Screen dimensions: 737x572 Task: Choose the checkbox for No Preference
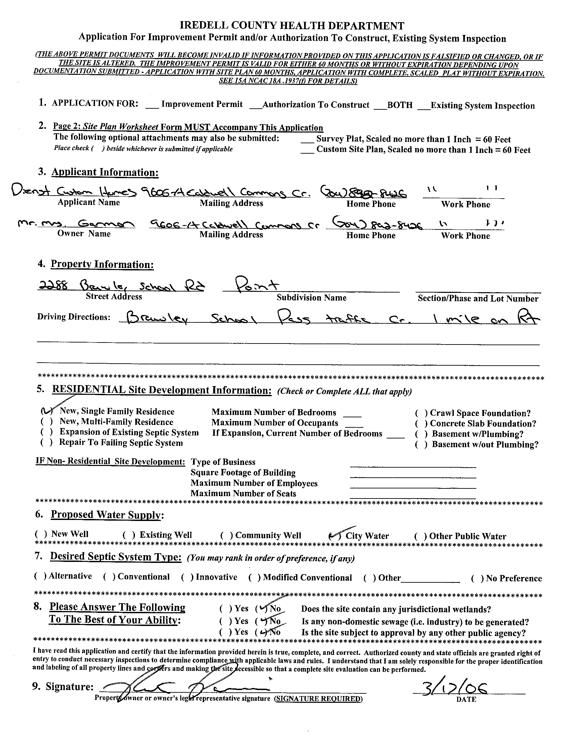pyautogui.click(x=476, y=578)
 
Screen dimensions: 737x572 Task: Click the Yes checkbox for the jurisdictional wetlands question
pyautogui.click(x=225, y=609)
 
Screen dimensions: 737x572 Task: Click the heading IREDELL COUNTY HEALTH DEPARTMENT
pyautogui.click(x=292, y=25)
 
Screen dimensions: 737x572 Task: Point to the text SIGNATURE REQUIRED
pyautogui.click(x=318, y=698)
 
